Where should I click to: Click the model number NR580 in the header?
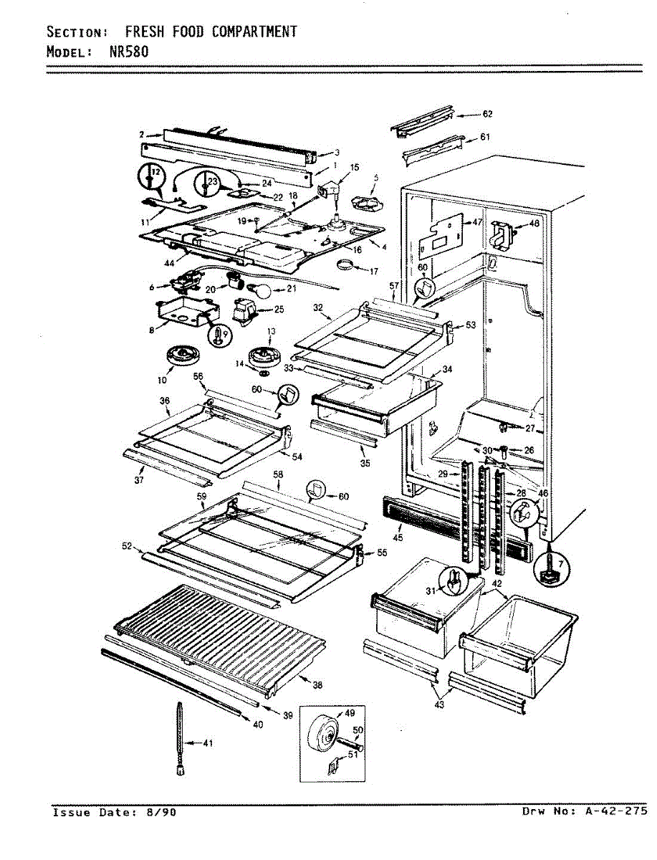pos(130,52)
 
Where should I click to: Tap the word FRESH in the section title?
pos(143,32)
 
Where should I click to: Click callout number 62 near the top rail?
pos(487,114)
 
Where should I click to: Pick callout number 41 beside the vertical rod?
pos(208,743)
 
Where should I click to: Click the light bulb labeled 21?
pos(263,290)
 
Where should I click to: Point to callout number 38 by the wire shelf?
pos(317,685)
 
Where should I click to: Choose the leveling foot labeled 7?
pos(550,568)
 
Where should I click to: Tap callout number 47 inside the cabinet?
pos(476,223)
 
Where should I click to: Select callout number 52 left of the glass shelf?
pos(127,547)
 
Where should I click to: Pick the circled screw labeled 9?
pos(219,333)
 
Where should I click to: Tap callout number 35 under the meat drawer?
pos(365,464)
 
